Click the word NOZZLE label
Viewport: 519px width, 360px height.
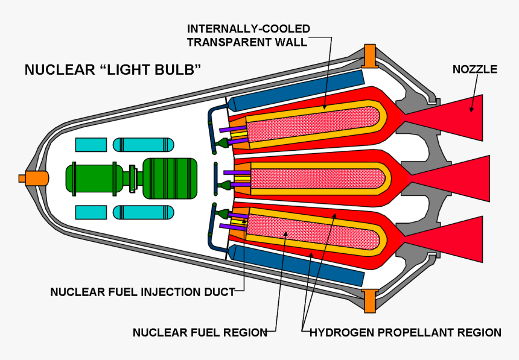pyautogui.click(x=474, y=69)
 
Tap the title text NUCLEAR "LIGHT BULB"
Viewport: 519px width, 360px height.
pyautogui.click(x=112, y=70)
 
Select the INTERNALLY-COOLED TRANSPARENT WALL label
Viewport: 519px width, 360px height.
pyautogui.click(x=248, y=35)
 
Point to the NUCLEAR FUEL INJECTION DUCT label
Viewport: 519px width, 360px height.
pyautogui.click(x=142, y=292)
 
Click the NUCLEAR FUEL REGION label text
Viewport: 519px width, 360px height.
pyautogui.click(x=200, y=332)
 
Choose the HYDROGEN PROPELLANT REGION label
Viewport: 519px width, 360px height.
pyautogui.click(x=405, y=332)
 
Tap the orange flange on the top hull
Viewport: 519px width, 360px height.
pyautogui.click(x=369, y=55)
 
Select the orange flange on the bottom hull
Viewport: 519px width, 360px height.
pyautogui.click(x=369, y=299)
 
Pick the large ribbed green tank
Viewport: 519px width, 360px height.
pyautogui.click(x=170, y=178)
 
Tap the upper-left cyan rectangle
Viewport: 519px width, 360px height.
pyautogui.click(x=91, y=145)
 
